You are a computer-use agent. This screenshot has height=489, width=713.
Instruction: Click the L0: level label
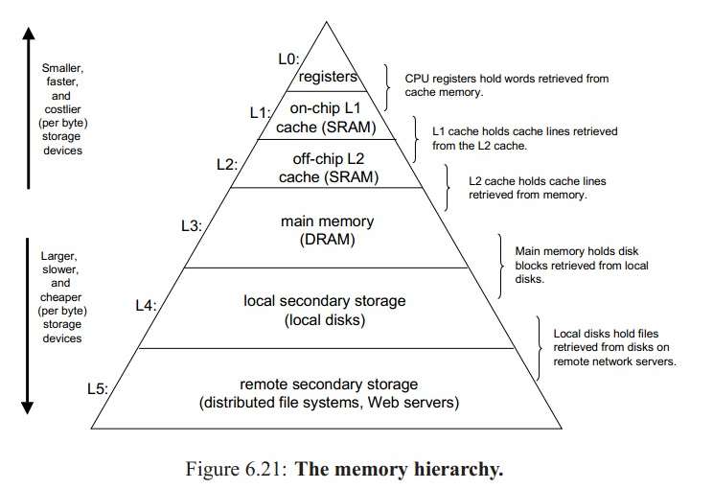288,59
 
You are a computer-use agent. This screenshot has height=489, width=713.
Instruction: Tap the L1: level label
261,112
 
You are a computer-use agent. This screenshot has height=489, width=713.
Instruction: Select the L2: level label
227,164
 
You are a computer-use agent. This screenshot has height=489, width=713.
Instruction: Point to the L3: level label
192,225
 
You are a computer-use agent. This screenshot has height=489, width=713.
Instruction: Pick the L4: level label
146,305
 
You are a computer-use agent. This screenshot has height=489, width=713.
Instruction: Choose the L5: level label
98,389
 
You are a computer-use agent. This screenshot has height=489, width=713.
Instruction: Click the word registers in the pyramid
328,77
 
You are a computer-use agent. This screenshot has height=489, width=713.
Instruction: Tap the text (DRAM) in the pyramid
328,240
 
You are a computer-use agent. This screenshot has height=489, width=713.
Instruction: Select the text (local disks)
325,320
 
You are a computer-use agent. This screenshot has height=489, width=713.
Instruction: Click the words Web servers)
413,403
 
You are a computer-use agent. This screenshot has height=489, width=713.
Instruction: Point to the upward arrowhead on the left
29,34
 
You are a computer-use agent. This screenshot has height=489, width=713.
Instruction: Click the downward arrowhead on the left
27,408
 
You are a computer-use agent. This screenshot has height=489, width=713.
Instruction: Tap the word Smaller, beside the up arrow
62,68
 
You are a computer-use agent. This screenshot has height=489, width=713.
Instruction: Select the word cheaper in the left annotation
61,297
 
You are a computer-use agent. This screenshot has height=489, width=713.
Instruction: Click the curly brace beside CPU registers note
387,87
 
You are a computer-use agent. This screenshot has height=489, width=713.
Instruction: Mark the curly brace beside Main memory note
500,267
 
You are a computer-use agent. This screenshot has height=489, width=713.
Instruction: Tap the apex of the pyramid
326,21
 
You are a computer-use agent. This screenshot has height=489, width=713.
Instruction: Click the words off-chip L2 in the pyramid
329,159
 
